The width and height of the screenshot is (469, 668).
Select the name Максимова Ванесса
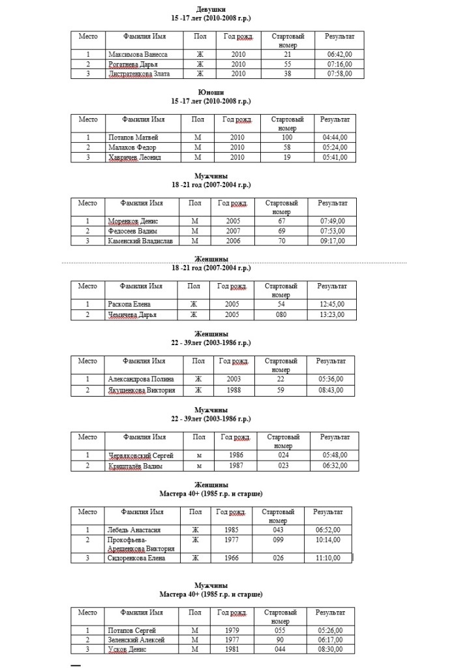(x=139, y=54)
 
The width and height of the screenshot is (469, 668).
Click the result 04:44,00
(x=335, y=138)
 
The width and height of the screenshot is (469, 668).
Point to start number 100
(x=287, y=138)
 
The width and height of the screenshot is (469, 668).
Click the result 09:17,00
(x=331, y=241)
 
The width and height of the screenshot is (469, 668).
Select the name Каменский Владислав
(x=140, y=241)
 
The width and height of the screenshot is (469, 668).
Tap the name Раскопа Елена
(x=129, y=304)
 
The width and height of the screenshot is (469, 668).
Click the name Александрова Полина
(x=140, y=379)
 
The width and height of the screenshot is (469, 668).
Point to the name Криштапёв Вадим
(x=134, y=466)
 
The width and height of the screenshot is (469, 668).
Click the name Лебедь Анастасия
(x=134, y=530)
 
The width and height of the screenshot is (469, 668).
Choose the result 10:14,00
(x=327, y=540)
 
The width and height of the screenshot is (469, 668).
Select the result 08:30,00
(x=331, y=650)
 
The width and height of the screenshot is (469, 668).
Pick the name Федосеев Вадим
(x=132, y=231)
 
